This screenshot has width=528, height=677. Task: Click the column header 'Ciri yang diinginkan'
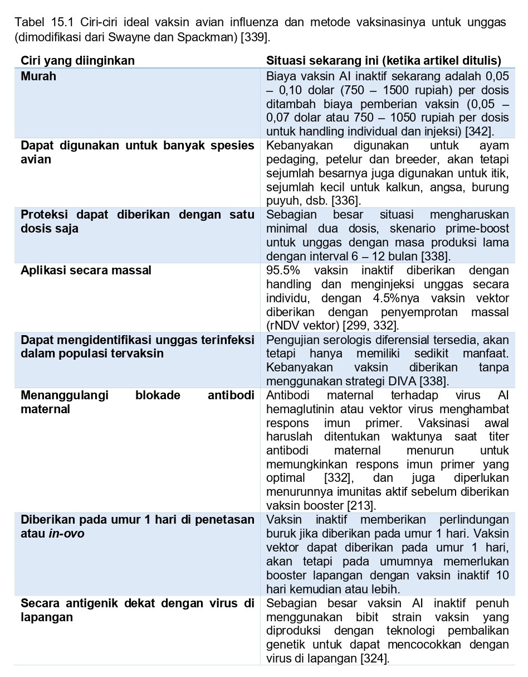[x=77, y=61]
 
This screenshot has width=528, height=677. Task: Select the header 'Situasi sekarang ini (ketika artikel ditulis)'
[x=384, y=61]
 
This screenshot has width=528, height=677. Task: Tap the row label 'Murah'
[x=38, y=76]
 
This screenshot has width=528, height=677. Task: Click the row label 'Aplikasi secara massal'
[x=86, y=270]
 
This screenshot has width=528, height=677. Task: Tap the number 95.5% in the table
[x=283, y=270]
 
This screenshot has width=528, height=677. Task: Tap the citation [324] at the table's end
[x=374, y=659]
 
